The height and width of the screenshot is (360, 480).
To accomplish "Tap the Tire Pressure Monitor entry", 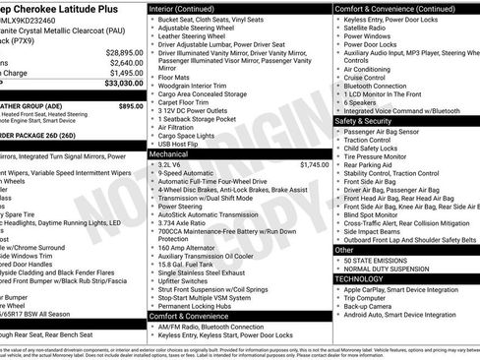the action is point(379,157).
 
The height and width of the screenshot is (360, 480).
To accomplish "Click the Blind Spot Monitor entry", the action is point(375,213).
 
